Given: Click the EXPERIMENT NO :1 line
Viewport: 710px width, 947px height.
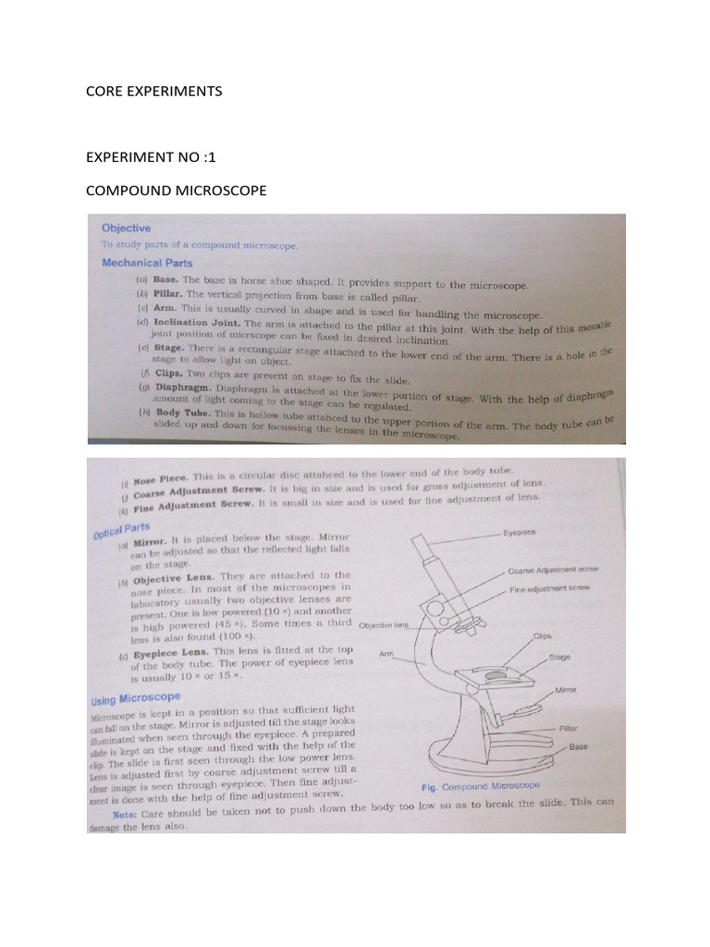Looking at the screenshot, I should [x=150, y=157].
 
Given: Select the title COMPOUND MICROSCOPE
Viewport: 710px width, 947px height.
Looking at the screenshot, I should [x=176, y=191].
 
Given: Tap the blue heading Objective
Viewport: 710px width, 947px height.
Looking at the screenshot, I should [x=126, y=228].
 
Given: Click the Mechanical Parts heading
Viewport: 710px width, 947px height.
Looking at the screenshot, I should [x=147, y=263].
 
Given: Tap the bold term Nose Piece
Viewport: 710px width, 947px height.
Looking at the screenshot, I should [x=160, y=479].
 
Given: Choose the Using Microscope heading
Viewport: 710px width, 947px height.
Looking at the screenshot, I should [x=135, y=698].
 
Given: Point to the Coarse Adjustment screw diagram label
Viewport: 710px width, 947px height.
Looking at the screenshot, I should [x=554, y=571].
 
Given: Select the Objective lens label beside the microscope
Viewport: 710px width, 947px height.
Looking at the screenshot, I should [x=383, y=624].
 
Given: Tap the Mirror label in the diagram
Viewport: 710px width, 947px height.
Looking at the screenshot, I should [x=566, y=691].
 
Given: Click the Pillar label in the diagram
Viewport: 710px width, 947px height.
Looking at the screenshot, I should [x=568, y=729].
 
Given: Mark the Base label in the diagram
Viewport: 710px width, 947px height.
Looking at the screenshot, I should [x=578, y=745].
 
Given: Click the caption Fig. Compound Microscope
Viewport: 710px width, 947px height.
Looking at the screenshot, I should [x=479, y=786].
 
